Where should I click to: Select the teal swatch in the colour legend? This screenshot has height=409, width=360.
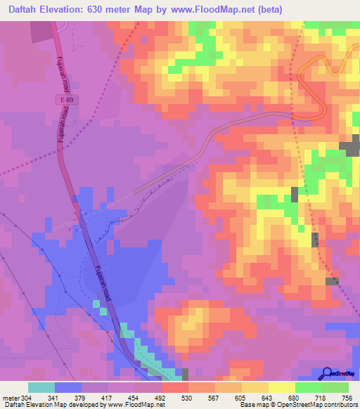pyautogui.click(x=41, y=387)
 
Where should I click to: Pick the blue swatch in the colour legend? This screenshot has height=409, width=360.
pyautogui.click(x=68, y=387)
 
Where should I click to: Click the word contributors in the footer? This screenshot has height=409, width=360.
pyautogui.click(x=341, y=405)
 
